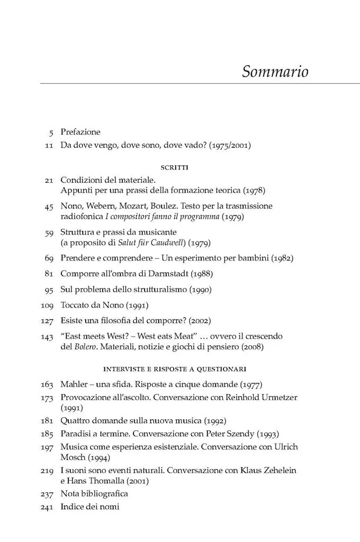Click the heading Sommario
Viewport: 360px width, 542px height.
click(275, 71)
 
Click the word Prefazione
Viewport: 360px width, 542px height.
click(80, 132)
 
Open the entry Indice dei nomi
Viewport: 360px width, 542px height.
click(90, 507)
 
